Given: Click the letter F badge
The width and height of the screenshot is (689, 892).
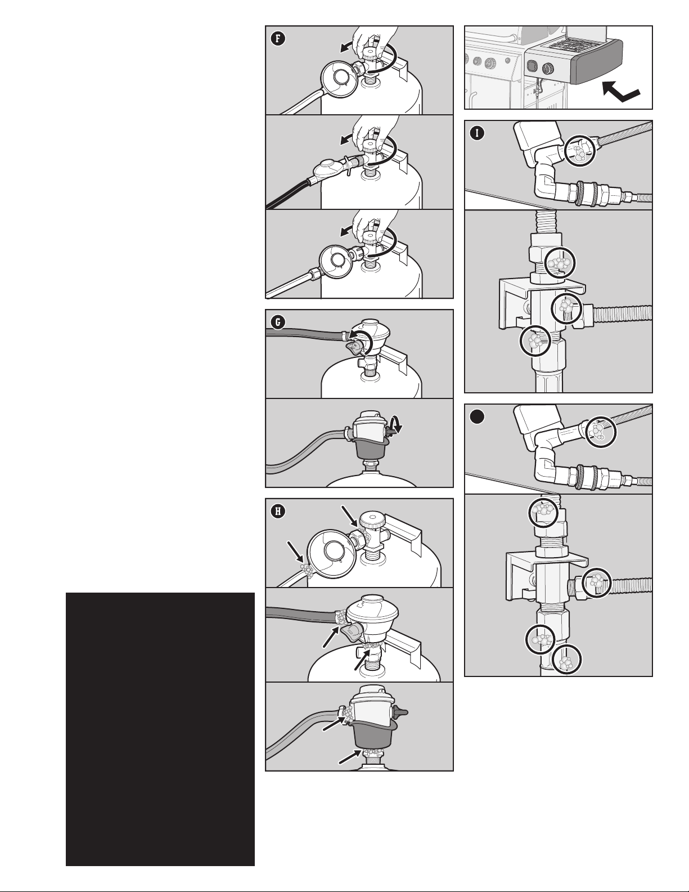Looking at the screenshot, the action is coord(278,39).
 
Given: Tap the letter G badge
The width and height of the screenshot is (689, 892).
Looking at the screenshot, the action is coord(278,322).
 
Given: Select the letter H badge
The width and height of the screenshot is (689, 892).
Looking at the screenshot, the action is coord(278,511).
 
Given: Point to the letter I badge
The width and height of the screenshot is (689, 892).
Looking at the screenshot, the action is coord(477,133).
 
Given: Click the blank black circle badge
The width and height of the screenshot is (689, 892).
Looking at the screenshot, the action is coord(477,416).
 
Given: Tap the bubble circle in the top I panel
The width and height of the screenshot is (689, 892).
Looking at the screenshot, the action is coord(579,151).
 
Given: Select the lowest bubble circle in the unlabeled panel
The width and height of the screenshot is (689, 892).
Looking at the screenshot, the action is coord(567,659).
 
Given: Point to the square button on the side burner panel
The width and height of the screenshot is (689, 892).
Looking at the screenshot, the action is coord(532,66).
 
